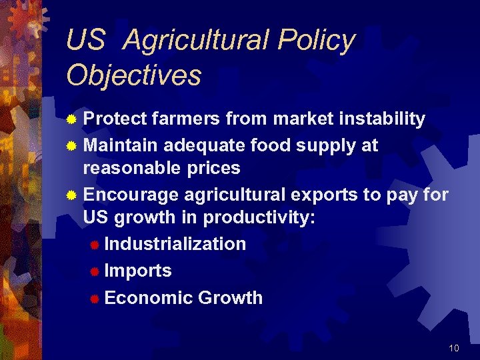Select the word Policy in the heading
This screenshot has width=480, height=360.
(316, 41)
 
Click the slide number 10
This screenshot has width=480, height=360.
(454, 348)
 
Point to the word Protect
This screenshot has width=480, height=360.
(115, 119)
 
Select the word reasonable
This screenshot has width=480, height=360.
(131, 168)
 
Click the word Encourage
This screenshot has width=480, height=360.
(131, 195)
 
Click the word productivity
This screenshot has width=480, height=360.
(259, 217)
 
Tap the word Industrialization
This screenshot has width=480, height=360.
(175, 244)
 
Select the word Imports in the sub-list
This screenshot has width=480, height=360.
(138, 271)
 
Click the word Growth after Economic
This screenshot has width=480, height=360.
(229, 298)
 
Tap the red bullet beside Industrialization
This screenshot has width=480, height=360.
(95, 245)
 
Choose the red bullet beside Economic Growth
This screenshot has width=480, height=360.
(95, 299)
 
